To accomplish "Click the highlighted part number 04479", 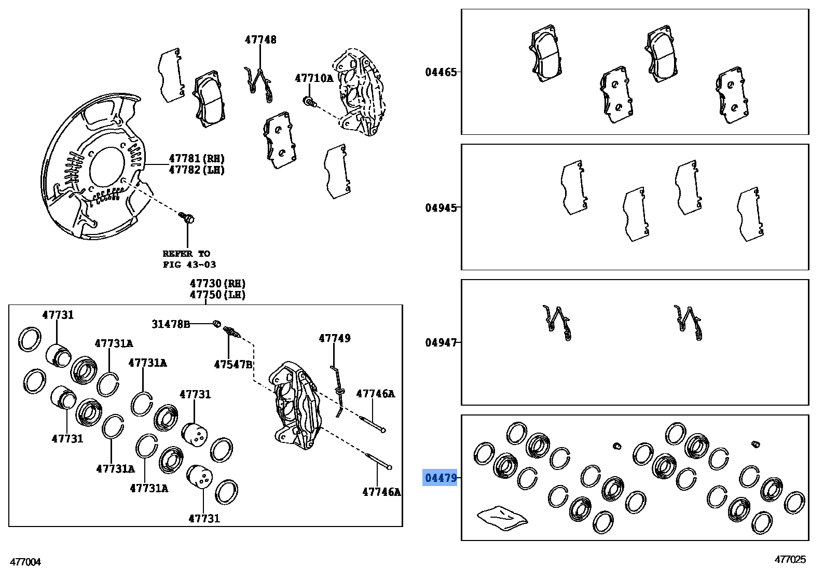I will pyautogui.click(x=441, y=478).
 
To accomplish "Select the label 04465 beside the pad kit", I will pyautogui.click(x=441, y=72).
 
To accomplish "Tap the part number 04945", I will pyautogui.click(x=441, y=208).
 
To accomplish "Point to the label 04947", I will pyautogui.click(x=441, y=343).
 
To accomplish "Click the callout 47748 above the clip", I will pyautogui.click(x=260, y=40).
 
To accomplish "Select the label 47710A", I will pyautogui.click(x=313, y=78).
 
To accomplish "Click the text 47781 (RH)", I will pyautogui.click(x=197, y=159).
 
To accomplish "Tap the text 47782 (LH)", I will pyautogui.click(x=197, y=170).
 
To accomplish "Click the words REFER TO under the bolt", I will pyautogui.click(x=186, y=254).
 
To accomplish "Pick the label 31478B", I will pyautogui.click(x=170, y=324).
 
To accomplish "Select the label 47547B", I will pyautogui.click(x=233, y=365).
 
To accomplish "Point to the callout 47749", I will pyautogui.click(x=334, y=338).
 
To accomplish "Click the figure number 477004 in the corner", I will pyautogui.click(x=25, y=562).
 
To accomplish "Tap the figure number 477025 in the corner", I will pyautogui.click(x=790, y=559).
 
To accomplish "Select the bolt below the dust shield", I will pyautogui.click(x=187, y=218).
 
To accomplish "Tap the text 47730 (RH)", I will pyautogui.click(x=217, y=284).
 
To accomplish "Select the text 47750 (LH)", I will pyautogui.click(x=217, y=295).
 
